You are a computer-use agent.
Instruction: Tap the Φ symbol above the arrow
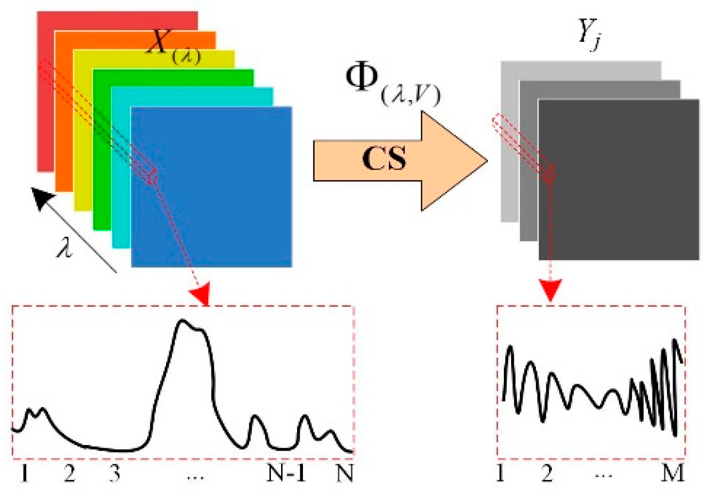click(361, 78)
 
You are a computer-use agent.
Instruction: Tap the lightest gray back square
click(509, 172)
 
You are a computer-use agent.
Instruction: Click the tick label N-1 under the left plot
click(286, 474)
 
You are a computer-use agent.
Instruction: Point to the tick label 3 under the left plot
click(114, 474)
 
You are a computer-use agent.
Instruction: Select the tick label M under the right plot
click(672, 474)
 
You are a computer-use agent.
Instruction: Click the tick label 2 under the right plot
click(547, 474)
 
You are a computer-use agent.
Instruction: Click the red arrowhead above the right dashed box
click(551, 290)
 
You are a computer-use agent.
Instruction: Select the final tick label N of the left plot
click(344, 474)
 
